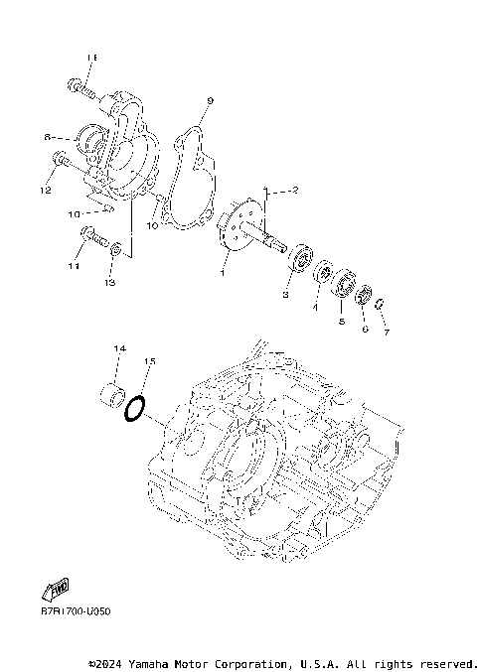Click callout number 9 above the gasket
pos(210,101)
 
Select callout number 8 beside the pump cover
pos(47,137)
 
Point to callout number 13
pos(109,283)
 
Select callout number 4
pos(314,308)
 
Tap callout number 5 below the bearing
pos(341,322)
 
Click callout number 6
pos(365,329)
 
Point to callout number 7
pos(387,333)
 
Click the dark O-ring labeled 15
pos(138,409)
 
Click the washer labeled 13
pos(116,247)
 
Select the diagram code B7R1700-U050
pos(76,611)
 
